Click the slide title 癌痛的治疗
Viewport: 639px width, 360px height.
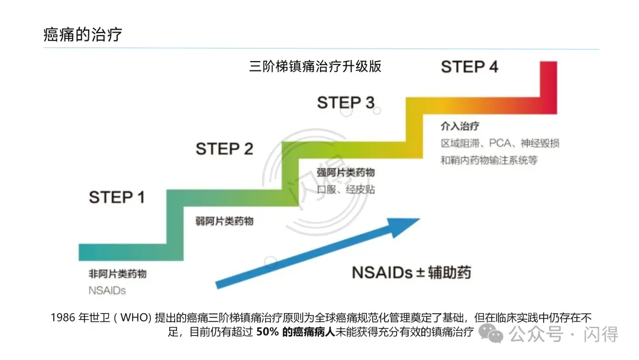point(83,34)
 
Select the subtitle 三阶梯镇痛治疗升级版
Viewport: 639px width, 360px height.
point(315,66)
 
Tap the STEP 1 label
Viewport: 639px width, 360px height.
point(117,197)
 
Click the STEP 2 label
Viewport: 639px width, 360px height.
point(224,149)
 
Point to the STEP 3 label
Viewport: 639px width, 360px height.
point(346,102)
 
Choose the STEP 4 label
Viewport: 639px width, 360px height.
point(469,67)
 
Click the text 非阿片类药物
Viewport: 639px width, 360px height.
point(117,274)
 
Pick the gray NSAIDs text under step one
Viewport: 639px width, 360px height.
point(107,291)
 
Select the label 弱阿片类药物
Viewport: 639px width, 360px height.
point(224,221)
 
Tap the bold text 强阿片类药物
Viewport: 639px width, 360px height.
point(346,172)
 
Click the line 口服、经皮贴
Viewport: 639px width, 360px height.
point(346,189)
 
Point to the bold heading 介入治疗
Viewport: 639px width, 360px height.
point(460,126)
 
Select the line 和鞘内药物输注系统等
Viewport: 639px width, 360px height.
point(489,160)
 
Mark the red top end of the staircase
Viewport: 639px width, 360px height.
point(548,86)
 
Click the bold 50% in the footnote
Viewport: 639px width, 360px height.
point(268,332)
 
